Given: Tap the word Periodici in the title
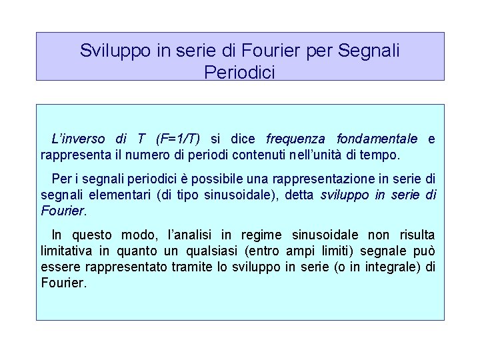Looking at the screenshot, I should pos(240,71).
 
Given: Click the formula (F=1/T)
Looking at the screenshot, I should pos(179,139).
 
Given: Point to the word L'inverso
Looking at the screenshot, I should pos(79,139).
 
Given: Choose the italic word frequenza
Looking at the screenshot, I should pos(295,139).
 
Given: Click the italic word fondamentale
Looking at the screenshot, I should pos(377,139).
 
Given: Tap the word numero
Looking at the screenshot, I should pos(141,155).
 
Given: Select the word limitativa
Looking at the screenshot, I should pos(67,251).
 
